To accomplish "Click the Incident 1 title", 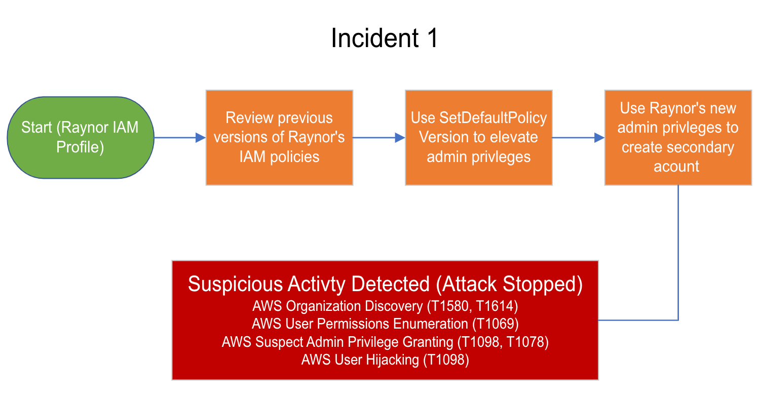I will pyautogui.click(x=384, y=38).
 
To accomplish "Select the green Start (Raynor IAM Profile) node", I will pyautogui.click(x=80, y=137).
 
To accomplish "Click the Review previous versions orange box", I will pyautogui.click(x=279, y=137).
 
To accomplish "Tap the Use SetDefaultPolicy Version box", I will pyautogui.click(x=478, y=137).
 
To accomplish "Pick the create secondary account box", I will pyautogui.click(x=677, y=137).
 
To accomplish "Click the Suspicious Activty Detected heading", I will pyautogui.click(x=385, y=284).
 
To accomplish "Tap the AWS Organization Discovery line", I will pyautogui.click(x=385, y=306).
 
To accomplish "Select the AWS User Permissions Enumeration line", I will pyautogui.click(x=385, y=324).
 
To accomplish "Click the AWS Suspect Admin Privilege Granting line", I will pyautogui.click(x=385, y=342).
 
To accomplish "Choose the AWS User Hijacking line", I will pyautogui.click(x=385, y=360).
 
